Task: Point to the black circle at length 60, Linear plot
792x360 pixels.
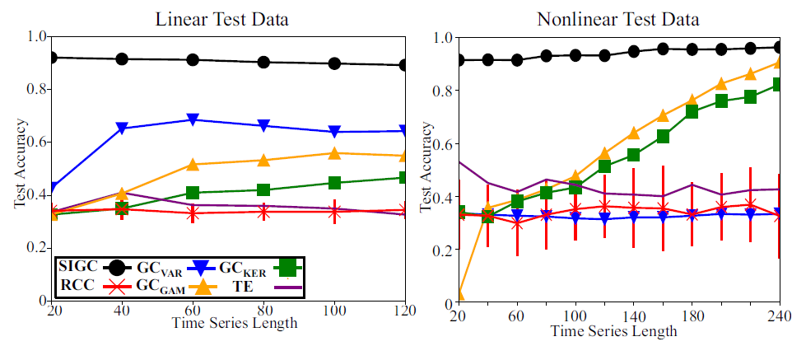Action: [193, 60]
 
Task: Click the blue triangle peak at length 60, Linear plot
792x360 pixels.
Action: [193, 119]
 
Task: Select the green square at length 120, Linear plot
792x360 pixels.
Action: [404, 178]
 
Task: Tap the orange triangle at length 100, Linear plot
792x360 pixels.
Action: [333, 153]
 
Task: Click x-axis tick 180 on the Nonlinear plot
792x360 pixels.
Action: [690, 316]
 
